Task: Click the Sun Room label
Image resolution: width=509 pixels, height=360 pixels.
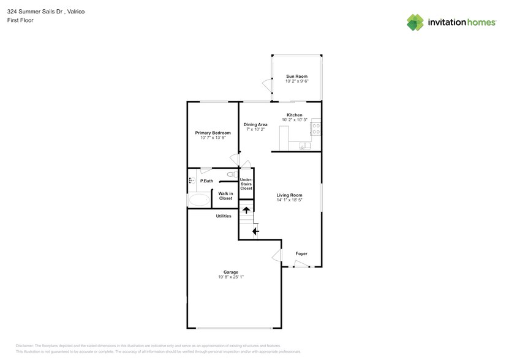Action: point(296,77)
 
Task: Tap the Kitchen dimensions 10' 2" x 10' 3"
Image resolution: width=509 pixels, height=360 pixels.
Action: point(295,119)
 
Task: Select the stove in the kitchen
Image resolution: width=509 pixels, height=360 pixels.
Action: point(317,129)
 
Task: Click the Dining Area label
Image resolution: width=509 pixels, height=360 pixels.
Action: point(255,124)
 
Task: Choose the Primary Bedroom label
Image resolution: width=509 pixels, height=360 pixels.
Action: point(213,133)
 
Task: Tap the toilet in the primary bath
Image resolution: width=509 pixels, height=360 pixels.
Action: point(231,174)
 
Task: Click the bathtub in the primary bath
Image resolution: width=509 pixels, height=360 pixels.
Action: point(198,200)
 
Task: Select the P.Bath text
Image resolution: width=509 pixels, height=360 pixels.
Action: point(206,181)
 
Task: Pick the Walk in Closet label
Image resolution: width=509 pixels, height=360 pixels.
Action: point(225,196)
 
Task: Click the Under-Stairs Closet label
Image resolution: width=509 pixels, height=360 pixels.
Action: point(246,184)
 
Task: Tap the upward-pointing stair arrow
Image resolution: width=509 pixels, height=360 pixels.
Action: point(246,211)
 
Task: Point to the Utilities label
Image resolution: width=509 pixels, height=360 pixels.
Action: point(223,216)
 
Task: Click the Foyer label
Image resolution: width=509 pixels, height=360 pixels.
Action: point(301,253)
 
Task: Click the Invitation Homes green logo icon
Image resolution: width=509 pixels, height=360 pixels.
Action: point(416,22)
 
